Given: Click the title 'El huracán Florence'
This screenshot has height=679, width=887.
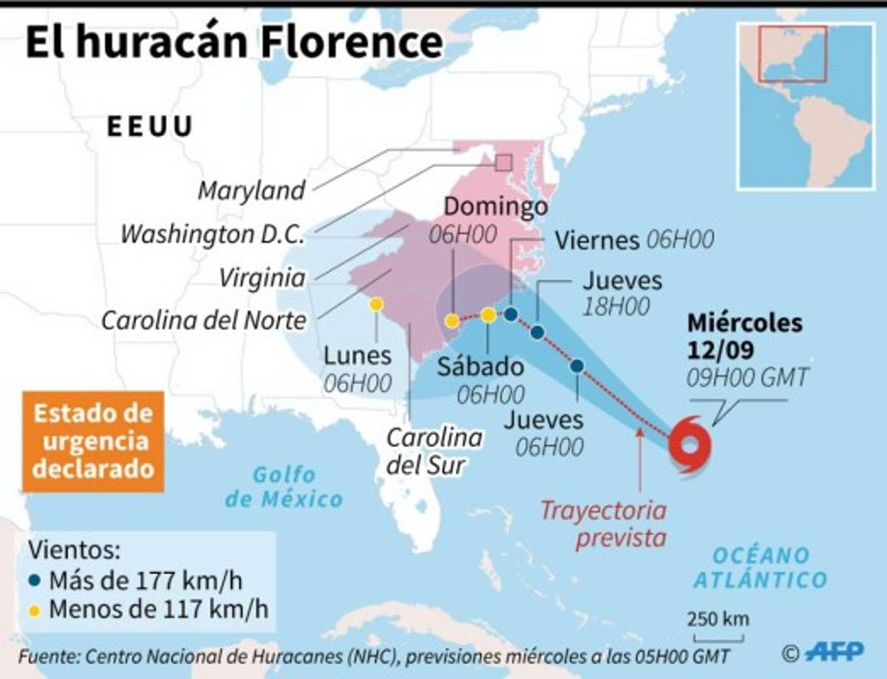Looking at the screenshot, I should (234, 43).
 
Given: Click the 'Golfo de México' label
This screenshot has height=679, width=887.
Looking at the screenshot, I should (284, 487).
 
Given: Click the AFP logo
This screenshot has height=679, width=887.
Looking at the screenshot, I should (834, 651).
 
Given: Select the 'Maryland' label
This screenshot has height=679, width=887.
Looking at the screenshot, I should (251, 190).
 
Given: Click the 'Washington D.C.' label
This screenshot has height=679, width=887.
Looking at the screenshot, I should (213, 234).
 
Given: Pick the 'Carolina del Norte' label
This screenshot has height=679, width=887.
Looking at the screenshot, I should (203, 320).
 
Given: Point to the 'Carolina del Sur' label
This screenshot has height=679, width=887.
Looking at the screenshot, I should (435, 450).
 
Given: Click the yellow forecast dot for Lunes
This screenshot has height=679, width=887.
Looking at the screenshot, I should (376, 304).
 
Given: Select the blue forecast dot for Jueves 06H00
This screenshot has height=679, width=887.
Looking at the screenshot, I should (577, 365).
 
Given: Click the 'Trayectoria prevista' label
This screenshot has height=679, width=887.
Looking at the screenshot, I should (602, 523).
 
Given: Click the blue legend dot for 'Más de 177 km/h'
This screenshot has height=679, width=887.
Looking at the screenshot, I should (35, 581).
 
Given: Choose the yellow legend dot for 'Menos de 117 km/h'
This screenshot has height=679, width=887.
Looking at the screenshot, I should (35, 610).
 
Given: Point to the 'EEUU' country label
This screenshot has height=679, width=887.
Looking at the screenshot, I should (150, 126).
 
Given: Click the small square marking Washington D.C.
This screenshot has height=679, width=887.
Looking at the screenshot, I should (504, 163).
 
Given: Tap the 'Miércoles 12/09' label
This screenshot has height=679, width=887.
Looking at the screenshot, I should (744, 335).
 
